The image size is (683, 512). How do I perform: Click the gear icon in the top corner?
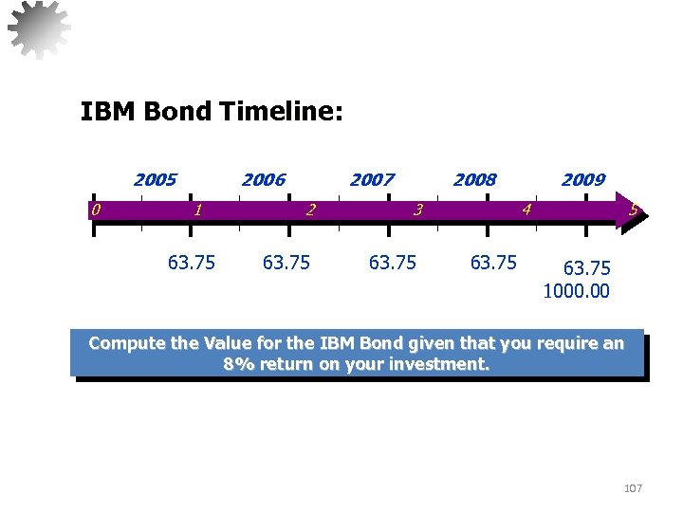(x=39, y=27)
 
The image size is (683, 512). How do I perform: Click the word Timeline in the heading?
(x=281, y=113)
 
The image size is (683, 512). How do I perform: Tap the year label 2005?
(x=155, y=179)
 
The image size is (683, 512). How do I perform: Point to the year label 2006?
(x=263, y=179)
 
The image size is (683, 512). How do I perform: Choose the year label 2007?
(x=372, y=179)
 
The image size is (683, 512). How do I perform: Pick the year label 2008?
(x=474, y=179)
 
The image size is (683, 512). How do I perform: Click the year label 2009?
(x=582, y=179)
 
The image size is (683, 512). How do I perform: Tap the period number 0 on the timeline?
(x=96, y=210)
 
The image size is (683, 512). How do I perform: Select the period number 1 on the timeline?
(x=196, y=210)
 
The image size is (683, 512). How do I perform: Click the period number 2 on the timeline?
(x=309, y=210)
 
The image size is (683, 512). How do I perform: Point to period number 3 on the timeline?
(x=417, y=210)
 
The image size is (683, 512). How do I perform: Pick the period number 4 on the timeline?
(x=526, y=210)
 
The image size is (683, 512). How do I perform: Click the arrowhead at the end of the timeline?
(x=633, y=210)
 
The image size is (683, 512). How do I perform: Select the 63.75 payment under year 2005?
(x=191, y=263)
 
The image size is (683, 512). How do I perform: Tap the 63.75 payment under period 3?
(x=392, y=263)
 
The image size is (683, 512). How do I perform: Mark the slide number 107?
(x=633, y=488)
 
